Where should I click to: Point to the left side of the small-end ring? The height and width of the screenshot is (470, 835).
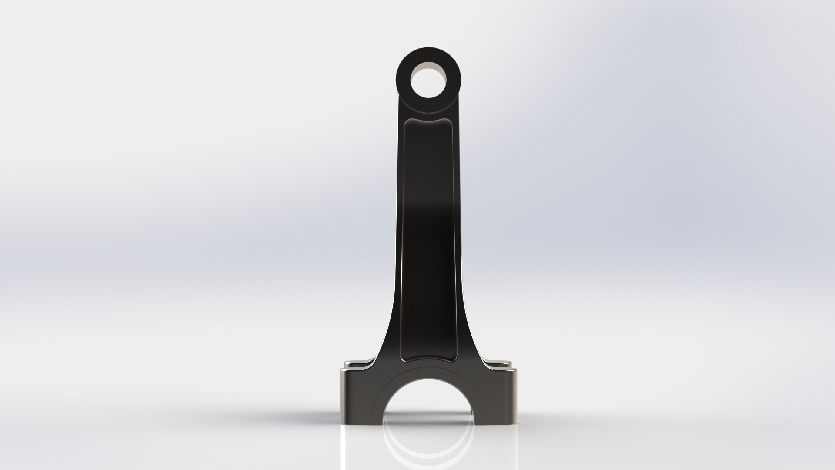coord(403,81)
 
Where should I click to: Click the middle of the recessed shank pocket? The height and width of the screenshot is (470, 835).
coord(428,235)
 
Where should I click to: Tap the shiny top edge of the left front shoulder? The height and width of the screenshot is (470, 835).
coord(354,370)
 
